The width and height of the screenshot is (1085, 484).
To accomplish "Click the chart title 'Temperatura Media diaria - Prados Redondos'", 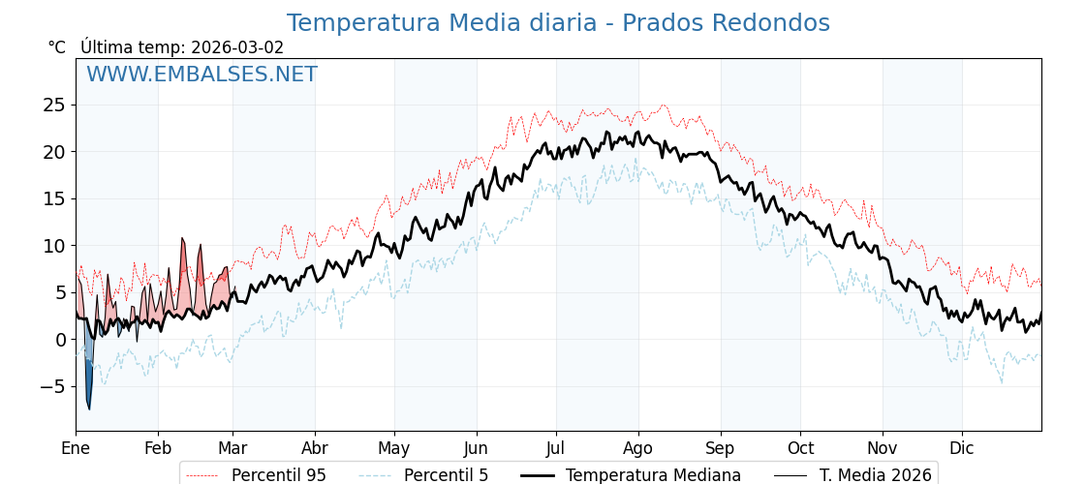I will [558, 23].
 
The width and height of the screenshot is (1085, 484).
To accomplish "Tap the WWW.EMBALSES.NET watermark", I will [201, 75].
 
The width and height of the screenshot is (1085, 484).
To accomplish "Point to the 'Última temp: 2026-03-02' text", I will [182, 47].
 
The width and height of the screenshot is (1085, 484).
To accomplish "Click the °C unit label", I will [57, 47].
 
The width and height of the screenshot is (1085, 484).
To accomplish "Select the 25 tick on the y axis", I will [54, 105].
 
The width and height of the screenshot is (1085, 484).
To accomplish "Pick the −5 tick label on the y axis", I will [50, 386].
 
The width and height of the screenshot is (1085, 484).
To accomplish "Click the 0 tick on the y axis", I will [60, 340].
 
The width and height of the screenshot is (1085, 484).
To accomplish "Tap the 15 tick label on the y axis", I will [54, 198].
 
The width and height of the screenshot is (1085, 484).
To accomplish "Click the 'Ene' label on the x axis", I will [76, 448].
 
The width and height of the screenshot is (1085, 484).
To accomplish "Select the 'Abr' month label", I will [315, 448].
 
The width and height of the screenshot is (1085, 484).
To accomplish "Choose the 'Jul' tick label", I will [556, 448].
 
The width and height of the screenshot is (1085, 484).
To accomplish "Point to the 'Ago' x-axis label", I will [638, 448].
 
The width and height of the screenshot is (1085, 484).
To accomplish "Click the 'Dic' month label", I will [962, 448].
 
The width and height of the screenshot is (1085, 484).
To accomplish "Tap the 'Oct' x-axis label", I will [800, 448].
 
